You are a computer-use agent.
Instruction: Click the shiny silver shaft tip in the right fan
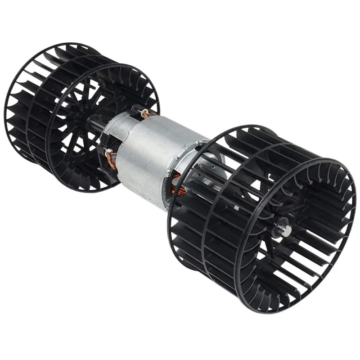[x=284, y=231]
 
